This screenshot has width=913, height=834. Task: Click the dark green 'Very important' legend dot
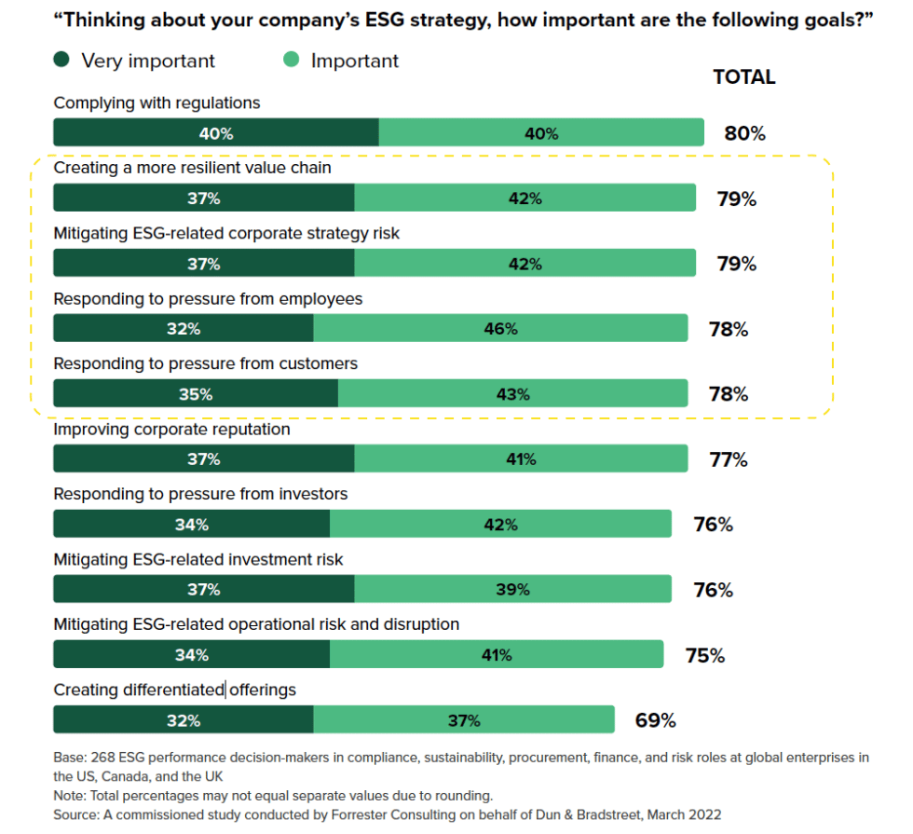(61, 62)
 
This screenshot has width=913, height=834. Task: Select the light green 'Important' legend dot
(292, 62)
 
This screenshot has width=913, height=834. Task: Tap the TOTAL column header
(743, 77)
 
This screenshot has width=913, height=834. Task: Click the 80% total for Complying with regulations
(744, 133)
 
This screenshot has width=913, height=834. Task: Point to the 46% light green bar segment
(500, 329)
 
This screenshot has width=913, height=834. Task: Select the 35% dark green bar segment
(196, 394)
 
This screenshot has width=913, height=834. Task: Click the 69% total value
(655, 720)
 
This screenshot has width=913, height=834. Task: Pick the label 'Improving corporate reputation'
(171, 430)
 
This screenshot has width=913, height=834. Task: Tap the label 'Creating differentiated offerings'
(174, 690)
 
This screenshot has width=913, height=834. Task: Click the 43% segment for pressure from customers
(512, 394)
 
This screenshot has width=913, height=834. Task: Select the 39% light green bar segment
(512, 590)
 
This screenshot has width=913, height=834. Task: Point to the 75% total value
(704, 655)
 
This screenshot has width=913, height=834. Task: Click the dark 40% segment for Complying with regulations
(215, 133)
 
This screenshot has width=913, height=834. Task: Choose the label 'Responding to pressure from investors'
(200, 494)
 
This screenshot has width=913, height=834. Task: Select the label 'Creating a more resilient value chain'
(192, 169)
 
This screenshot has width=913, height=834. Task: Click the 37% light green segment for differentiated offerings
(463, 720)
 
